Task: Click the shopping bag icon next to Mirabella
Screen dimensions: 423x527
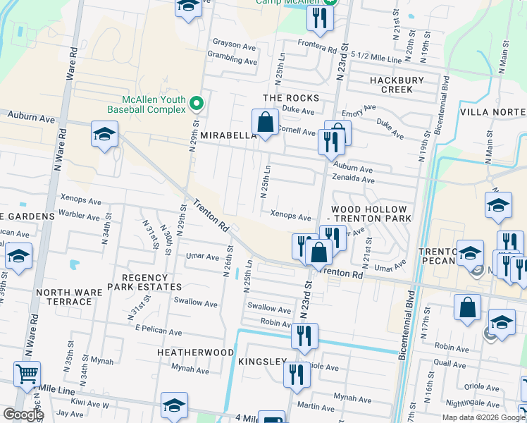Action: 265,123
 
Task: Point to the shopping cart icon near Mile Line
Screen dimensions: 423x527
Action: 27,374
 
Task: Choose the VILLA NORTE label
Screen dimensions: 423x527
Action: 492,112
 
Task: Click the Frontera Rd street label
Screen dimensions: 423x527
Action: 316,49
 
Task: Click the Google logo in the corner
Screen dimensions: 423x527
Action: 23,415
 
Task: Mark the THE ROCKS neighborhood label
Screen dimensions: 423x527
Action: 291,98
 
